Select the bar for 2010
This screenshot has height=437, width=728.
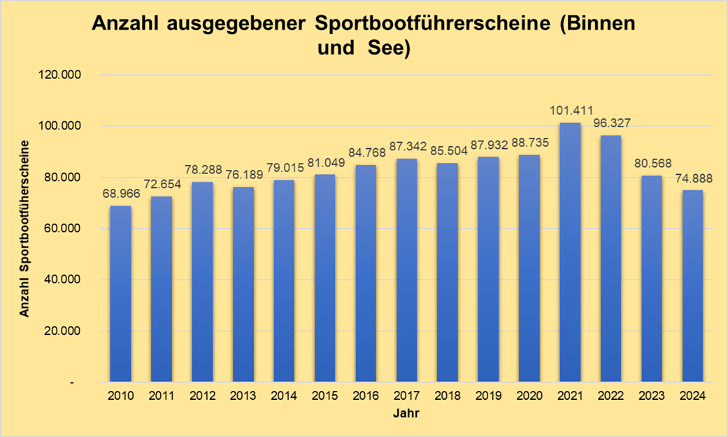coord(120,294)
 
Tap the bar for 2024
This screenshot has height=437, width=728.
coord(692,287)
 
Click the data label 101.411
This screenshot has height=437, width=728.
coord(571,110)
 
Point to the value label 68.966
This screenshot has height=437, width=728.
coord(120,193)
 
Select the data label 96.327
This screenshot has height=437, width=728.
coord(611,122)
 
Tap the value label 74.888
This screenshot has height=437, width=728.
coord(692,178)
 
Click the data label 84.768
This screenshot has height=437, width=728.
coord(366,152)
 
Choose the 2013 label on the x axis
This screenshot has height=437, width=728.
coord(243,396)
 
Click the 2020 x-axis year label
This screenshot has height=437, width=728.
coord(529,396)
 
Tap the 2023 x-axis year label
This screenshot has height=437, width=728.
coord(652,396)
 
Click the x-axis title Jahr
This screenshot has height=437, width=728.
coord(406,413)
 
